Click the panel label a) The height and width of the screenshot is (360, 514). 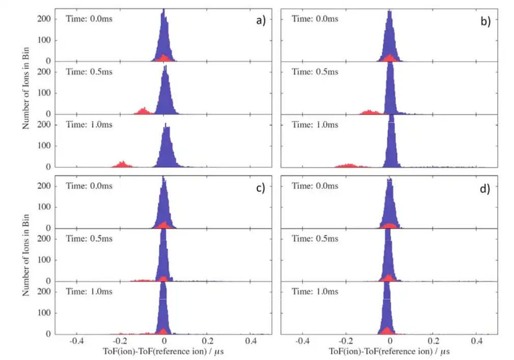261,21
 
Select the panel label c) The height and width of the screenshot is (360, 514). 260,188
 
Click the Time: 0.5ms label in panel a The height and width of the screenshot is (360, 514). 89,71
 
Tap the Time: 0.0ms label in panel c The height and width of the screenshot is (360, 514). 89,186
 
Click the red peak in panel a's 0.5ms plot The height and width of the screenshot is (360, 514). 144,112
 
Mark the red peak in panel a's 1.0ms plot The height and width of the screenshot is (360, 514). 122,164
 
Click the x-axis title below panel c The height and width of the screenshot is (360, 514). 163,352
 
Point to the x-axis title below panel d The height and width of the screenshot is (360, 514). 389,352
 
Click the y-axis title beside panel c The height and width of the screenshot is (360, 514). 26,256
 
